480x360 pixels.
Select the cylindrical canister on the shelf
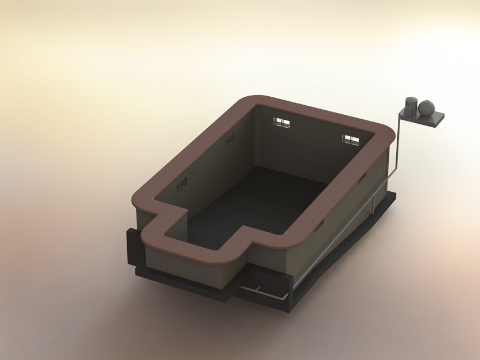pyautogui.click(x=411, y=106)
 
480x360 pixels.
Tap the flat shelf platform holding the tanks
pyautogui.click(x=433, y=119)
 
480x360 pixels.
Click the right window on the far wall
pyautogui.click(x=351, y=139)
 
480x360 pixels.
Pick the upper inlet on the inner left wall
pyautogui.click(x=229, y=141)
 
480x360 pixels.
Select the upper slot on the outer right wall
pyautogui.click(x=361, y=177)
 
